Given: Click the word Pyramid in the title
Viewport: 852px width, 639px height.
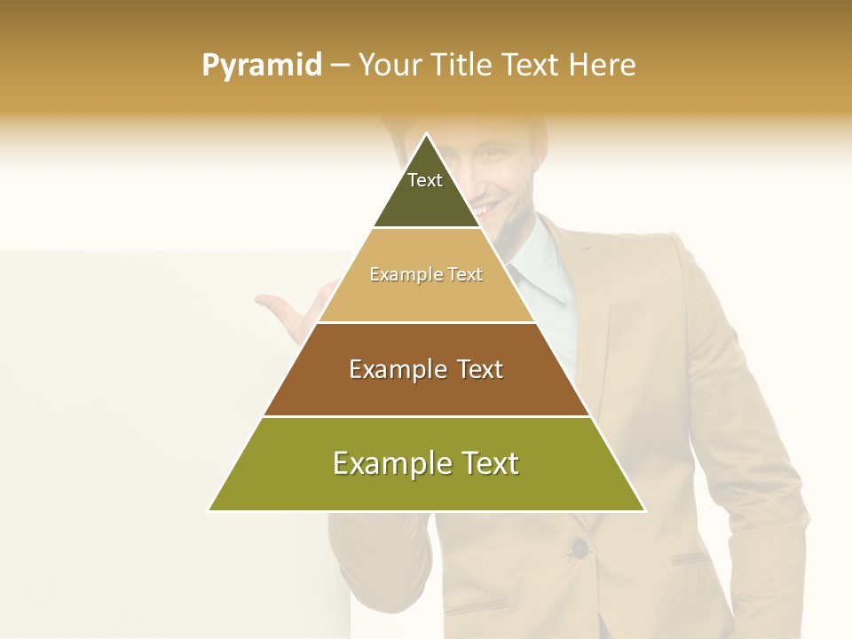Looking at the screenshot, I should pos(262,66).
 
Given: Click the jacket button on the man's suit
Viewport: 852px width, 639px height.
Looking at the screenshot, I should pos(580,548).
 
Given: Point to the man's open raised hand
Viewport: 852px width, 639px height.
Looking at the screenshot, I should pos(293,315).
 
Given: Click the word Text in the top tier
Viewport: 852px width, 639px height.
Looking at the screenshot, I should pos(425,180).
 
